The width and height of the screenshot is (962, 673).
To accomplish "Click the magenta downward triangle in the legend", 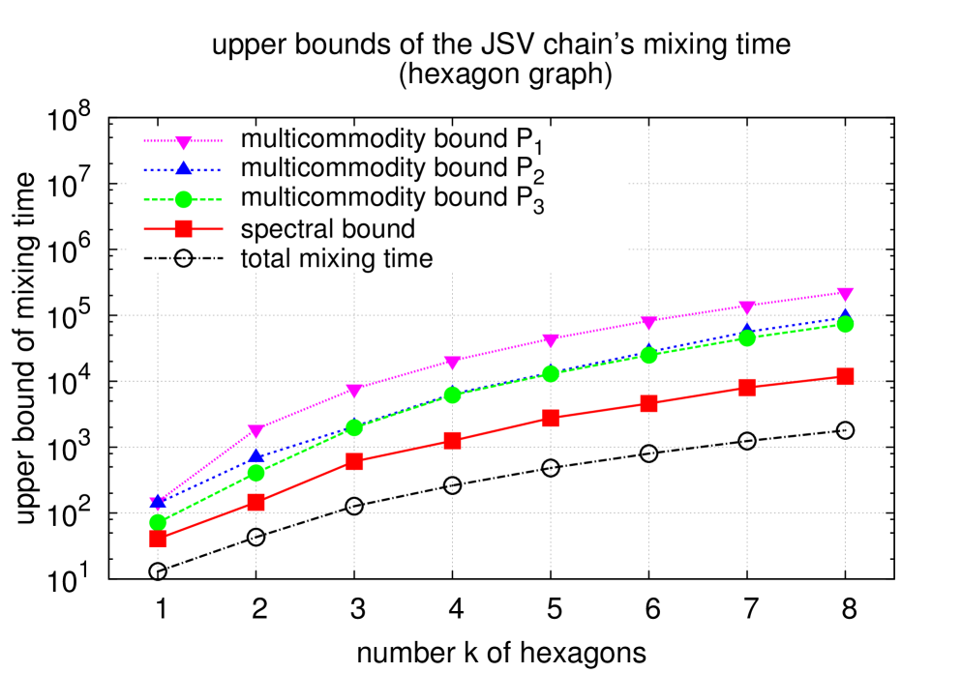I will point(183,142).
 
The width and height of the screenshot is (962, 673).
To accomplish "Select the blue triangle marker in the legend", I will point(183,169).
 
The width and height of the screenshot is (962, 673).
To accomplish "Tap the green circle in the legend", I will point(183,199).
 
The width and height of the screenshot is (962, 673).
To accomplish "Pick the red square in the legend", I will point(183,229).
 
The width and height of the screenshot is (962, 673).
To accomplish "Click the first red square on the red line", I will point(158,539).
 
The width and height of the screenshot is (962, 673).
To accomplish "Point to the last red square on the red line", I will point(845,376).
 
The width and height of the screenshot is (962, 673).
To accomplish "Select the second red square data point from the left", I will point(256,502).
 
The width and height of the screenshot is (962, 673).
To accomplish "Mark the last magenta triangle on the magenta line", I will point(845,294).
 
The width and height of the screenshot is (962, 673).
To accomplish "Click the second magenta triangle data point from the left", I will point(256,431).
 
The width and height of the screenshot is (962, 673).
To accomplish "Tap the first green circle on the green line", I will point(158,522).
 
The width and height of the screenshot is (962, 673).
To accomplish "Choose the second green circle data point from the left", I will point(256,472).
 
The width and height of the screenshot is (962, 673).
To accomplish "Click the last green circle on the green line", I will point(845,324).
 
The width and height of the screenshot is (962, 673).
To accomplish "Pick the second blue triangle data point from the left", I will point(256,456).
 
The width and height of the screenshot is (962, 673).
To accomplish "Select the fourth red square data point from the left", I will point(452,440).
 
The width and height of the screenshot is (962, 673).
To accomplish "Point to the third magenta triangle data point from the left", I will point(354,391).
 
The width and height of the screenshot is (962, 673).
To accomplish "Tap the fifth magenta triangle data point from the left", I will point(551,340).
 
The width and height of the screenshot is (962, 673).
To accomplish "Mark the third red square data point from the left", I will point(354,461).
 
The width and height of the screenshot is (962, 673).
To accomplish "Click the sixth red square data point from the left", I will point(648,403).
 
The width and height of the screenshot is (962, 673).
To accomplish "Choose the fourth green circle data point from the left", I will point(452,395).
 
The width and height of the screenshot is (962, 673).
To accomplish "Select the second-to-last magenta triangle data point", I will point(746,308).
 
